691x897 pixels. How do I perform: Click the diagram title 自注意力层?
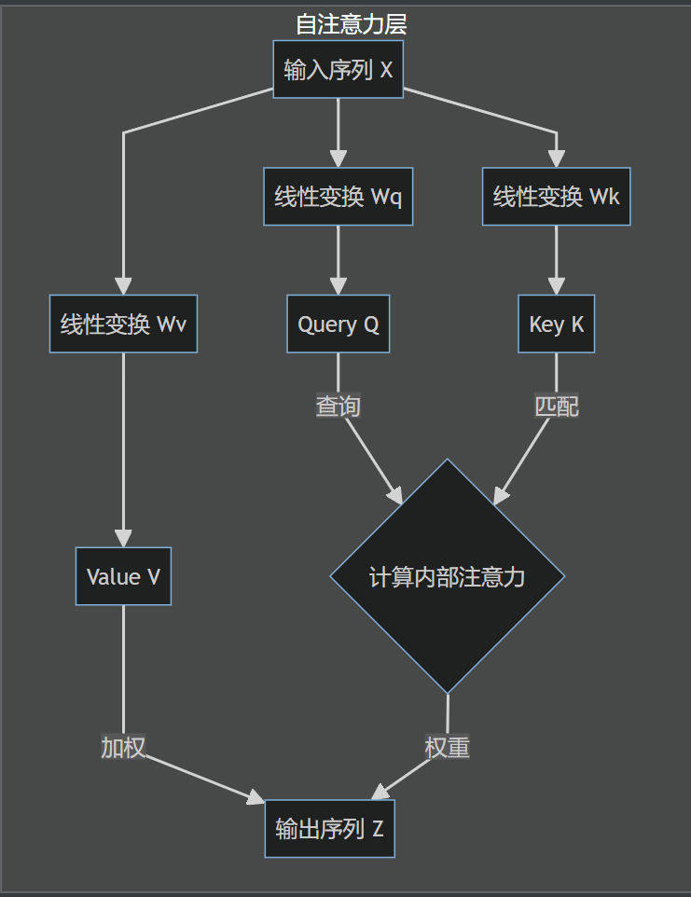[351, 24]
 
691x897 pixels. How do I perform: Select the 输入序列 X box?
[338, 69]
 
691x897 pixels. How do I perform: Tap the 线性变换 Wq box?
[338, 197]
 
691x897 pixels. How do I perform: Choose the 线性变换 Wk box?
[556, 197]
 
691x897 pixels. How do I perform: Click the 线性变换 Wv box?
[123, 324]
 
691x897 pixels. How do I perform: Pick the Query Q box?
[338, 324]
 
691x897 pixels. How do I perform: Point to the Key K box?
[556, 324]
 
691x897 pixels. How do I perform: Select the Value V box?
[123, 576]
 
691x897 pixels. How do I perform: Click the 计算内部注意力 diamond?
[448, 576]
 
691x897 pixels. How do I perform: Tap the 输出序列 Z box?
[329, 828]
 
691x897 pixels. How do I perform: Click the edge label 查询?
[338, 407]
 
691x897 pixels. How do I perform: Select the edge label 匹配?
[556, 407]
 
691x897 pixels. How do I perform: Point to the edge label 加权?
[123, 747]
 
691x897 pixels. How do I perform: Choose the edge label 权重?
[447, 747]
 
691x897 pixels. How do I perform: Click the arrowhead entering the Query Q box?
[338, 286]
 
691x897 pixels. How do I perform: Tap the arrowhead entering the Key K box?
[556, 286]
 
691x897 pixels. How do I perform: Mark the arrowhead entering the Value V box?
[123, 538]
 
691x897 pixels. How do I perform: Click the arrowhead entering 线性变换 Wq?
[338, 159]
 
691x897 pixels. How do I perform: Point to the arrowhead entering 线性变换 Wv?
[123, 286]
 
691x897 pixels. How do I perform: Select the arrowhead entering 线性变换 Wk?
[556, 159]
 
